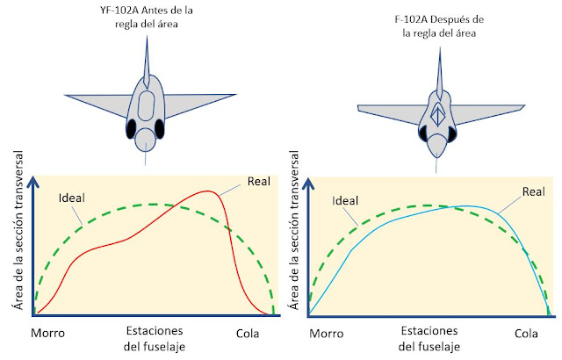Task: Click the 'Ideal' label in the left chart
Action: tap(71, 196)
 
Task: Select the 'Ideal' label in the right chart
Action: tap(346, 200)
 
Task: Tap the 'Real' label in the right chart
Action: tap(532, 191)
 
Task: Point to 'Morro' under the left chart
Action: tap(47, 334)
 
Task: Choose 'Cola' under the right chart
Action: tap(526, 334)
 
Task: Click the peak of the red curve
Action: tap(209, 191)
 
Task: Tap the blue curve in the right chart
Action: tap(395, 220)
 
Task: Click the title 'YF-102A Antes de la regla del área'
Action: tap(148, 17)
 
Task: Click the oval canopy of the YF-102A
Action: tap(148, 108)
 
